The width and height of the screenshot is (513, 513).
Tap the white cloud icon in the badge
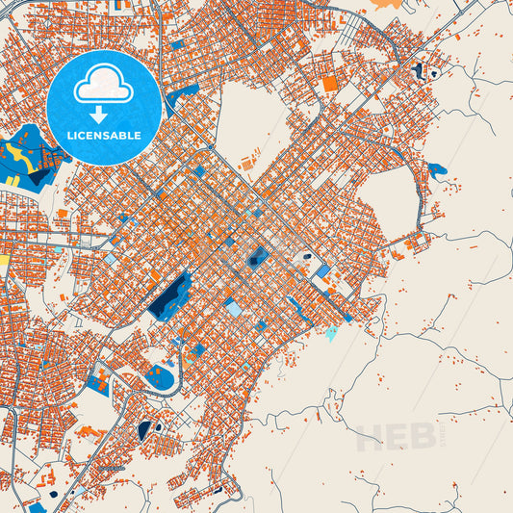pos(103,84)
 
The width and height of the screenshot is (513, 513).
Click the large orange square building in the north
pos(330,84)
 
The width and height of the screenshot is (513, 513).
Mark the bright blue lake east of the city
pos(437,171)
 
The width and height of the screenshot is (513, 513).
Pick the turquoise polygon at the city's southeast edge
pos(331,334)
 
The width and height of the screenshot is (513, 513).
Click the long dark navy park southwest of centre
pos(170,295)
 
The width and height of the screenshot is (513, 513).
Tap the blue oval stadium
pos(163,378)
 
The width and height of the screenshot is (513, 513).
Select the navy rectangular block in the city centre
pos(258,257)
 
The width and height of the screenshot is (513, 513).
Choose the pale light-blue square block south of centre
pos(233,308)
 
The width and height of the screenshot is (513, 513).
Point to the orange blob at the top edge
pos(386,4)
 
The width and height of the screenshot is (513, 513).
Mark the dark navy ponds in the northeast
pos(420,70)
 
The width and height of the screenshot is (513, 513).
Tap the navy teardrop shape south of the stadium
pos(144,429)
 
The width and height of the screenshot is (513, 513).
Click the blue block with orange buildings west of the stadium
pos(98,382)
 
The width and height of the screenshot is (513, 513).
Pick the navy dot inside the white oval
pos(306,258)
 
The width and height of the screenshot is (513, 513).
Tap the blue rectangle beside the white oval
pos(323,270)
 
